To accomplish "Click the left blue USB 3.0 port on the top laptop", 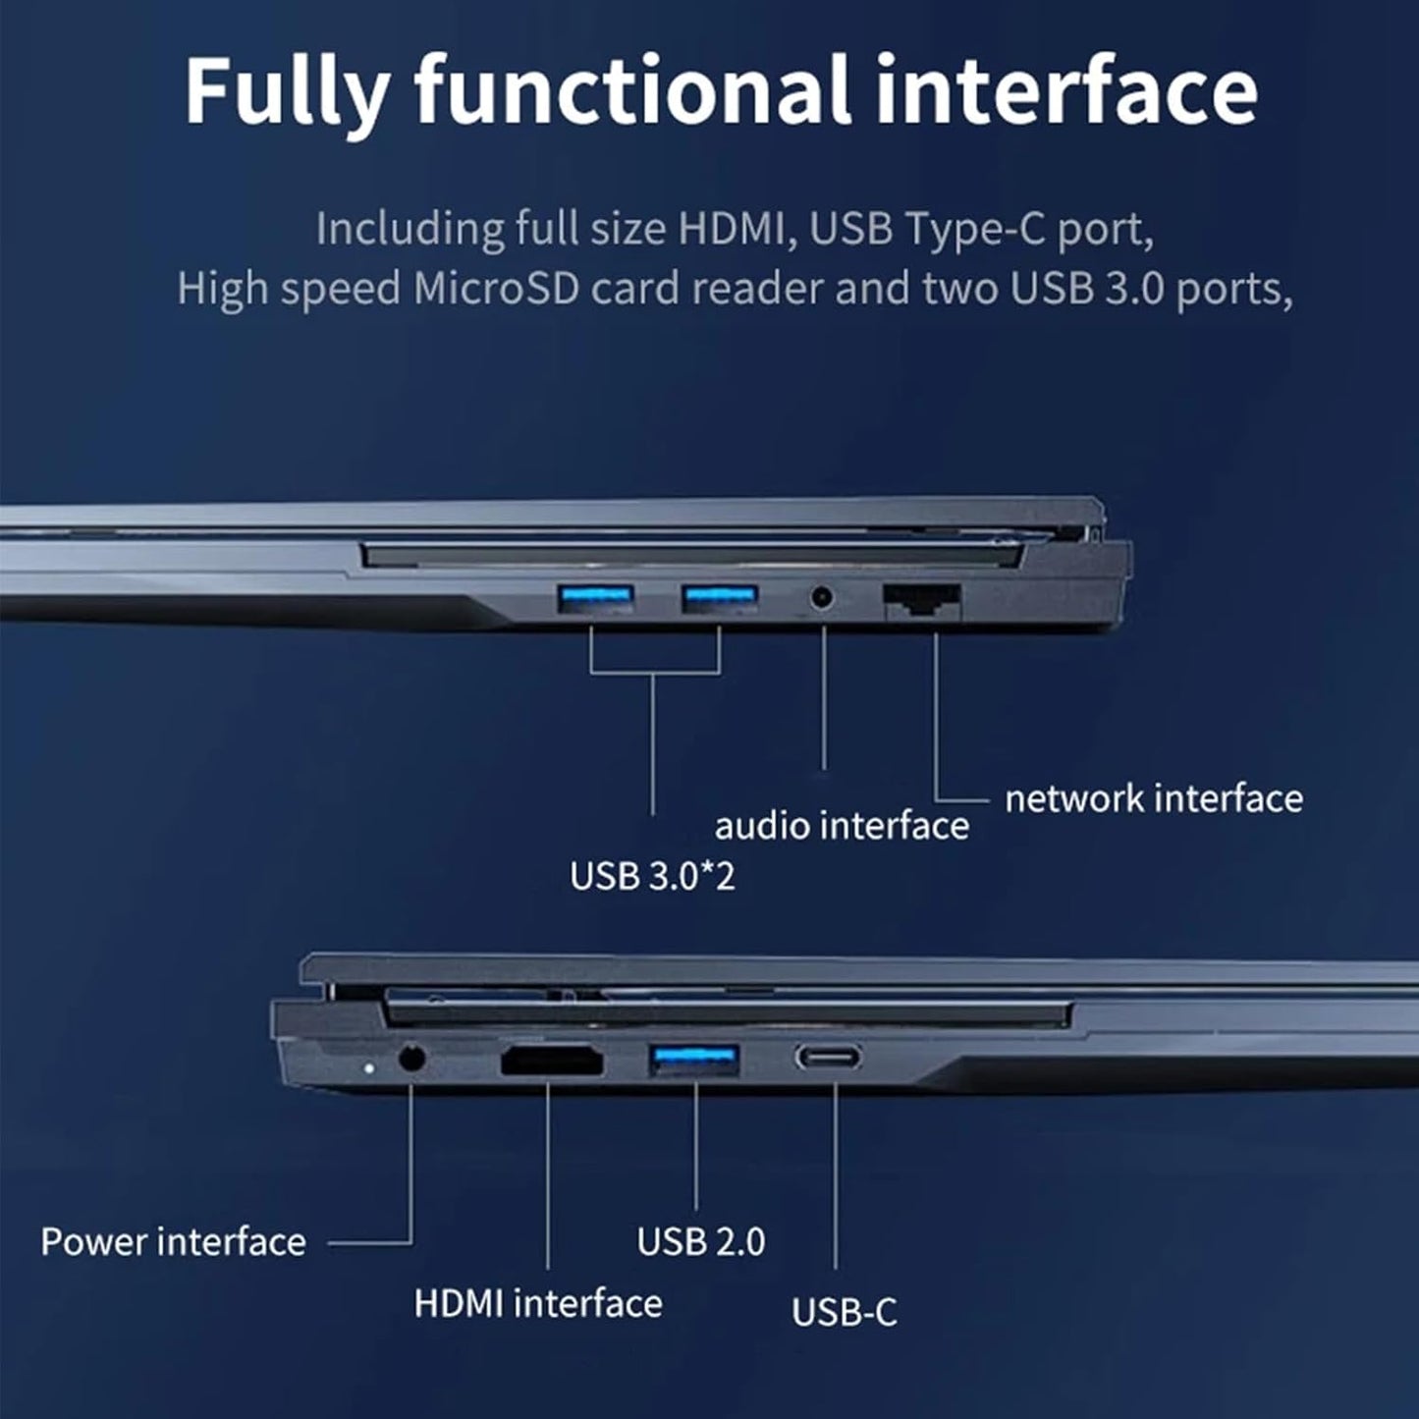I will [x=595, y=597].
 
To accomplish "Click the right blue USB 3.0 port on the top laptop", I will [x=720, y=597].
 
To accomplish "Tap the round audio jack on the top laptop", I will [x=821, y=596].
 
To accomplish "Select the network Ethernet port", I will [x=922, y=600].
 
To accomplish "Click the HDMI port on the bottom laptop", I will [x=552, y=1062].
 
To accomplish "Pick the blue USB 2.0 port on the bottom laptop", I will [x=693, y=1060].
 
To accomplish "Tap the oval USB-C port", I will [x=829, y=1058].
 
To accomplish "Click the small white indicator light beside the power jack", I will [x=368, y=1065].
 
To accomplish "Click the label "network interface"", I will [x=1154, y=798].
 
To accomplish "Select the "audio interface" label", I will [x=842, y=826].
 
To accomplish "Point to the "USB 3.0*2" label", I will [x=652, y=875].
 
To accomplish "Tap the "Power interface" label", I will [x=173, y=1242].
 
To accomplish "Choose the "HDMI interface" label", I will [x=538, y=1303].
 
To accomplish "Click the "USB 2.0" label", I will [x=701, y=1241].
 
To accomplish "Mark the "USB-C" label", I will [x=845, y=1312].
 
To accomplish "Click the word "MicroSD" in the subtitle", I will [x=496, y=289].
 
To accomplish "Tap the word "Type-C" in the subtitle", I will [x=975, y=229].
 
